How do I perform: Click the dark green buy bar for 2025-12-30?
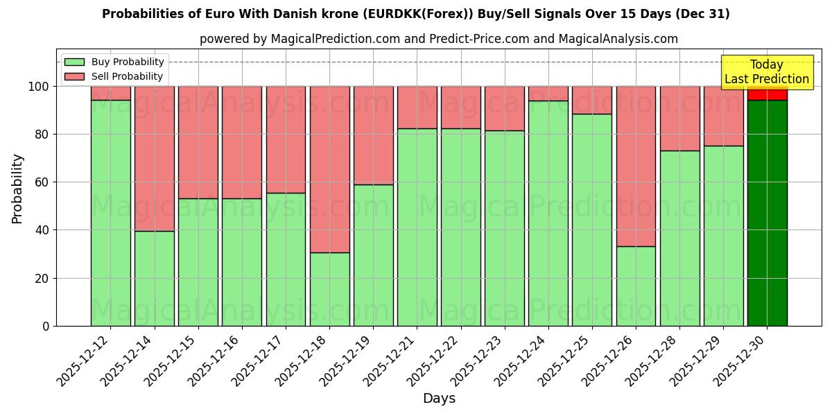click(767, 213)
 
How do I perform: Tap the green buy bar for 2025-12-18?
click(329, 289)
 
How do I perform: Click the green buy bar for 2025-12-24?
click(548, 213)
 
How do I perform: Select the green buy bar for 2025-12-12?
click(110, 213)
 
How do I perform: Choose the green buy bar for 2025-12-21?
click(417, 227)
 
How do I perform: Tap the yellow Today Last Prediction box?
click(766, 72)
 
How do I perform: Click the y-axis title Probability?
click(17, 189)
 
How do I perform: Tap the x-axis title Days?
click(439, 399)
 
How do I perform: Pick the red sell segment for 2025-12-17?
click(286, 139)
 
